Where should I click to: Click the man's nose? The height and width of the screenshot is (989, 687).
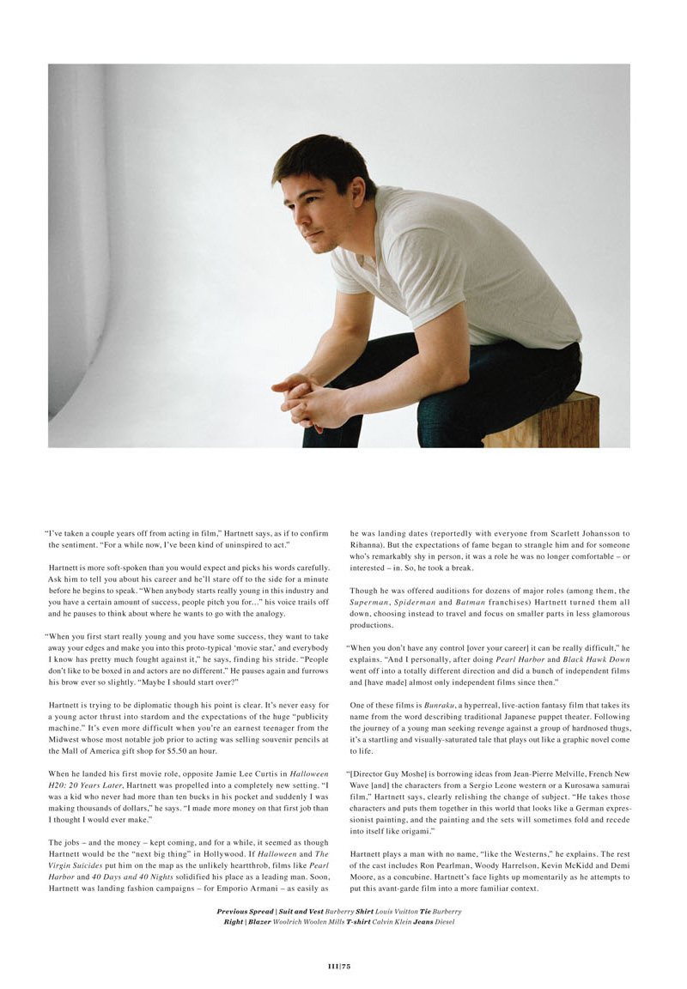291,212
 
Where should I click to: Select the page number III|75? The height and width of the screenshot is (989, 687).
339,966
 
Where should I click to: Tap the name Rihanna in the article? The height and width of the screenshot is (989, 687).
368,544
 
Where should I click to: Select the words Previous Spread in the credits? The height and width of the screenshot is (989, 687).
245,911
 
